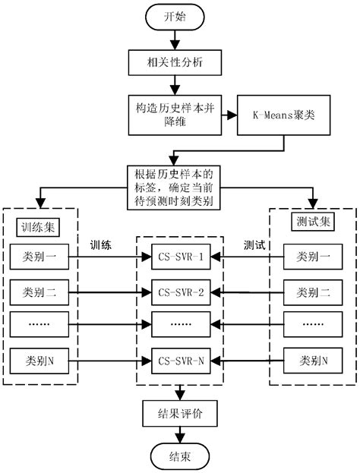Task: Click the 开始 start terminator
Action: tap(180, 16)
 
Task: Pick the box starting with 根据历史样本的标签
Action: tap(180, 182)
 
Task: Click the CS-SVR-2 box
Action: tap(180, 291)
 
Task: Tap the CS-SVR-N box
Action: tap(180, 359)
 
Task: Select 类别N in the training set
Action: tap(40, 359)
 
